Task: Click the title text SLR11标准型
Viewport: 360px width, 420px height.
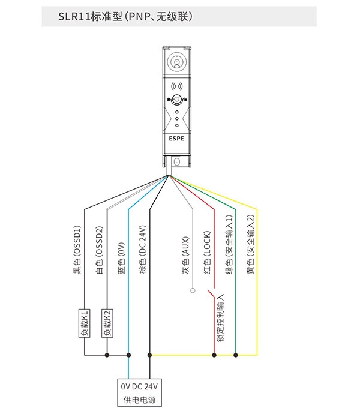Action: click(90, 17)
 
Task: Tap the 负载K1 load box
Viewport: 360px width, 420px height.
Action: click(85, 323)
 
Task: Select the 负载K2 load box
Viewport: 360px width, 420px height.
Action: click(107, 323)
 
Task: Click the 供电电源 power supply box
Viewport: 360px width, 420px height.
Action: click(139, 392)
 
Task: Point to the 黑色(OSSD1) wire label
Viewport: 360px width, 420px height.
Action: click(77, 250)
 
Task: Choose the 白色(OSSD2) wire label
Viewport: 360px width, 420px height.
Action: click(99, 250)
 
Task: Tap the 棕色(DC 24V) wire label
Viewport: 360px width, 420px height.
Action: click(143, 250)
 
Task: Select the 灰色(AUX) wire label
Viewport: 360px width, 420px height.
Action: click(185, 255)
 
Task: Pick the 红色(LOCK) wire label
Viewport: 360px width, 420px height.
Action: click(207, 253)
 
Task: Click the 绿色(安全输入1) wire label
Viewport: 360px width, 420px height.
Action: click(229, 244)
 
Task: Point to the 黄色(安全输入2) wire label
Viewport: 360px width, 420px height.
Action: click(250, 244)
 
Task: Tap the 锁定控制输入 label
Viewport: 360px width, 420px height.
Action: click(220, 317)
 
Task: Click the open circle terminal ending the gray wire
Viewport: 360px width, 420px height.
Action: click(193, 290)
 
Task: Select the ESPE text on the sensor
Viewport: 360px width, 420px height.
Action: click(176, 139)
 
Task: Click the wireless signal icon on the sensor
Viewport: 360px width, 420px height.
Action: click(177, 86)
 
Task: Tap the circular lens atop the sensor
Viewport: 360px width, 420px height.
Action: click(176, 62)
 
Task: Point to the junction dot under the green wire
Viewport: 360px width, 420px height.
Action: click(236, 355)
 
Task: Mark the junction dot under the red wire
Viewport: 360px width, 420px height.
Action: click(214, 355)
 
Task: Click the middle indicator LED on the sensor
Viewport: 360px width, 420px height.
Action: click(177, 118)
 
